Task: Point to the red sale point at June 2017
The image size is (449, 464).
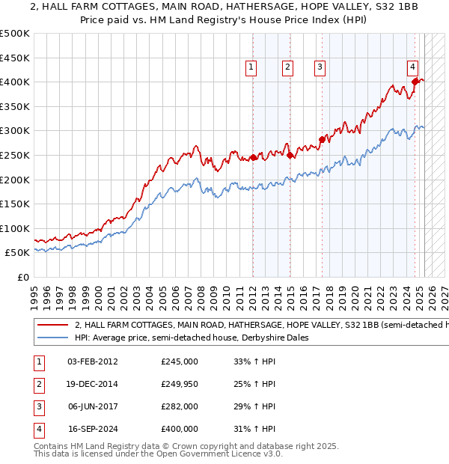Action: pyautogui.click(x=322, y=139)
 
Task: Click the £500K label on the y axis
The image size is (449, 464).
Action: pyautogui.click(x=15, y=34)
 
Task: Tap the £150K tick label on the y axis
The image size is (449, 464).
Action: pyautogui.click(x=15, y=204)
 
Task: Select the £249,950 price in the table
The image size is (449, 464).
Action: pyautogui.click(x=180, y=384)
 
